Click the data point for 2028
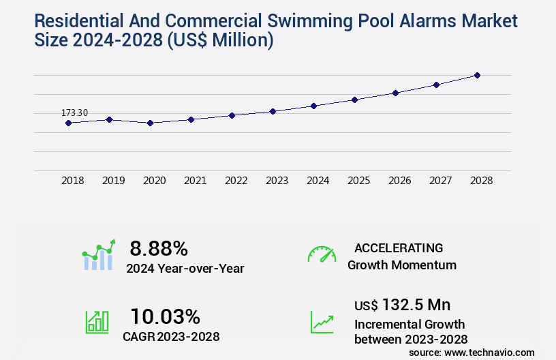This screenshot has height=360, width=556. click(x=477, y=75)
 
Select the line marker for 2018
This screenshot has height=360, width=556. click(x=68, y=123)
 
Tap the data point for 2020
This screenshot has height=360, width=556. click(x=150, y=123)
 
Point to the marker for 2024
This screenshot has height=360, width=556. click(x=313, y=106)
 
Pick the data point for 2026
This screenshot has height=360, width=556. click(x=395, y=93)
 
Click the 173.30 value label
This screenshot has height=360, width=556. click(x=75, y=112)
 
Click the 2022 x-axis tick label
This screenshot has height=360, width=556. click(x=236, y=181)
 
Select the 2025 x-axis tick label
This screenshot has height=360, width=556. click(x=358, y=181)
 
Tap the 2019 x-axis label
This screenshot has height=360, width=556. click(x=113, y=181)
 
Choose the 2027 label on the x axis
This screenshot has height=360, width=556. click(x=440, y=181)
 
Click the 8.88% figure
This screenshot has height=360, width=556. click(x=159, y=247)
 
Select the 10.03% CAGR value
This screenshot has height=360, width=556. click(x=165, y=316)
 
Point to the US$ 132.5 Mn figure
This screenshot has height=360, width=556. click(x=402, y=304)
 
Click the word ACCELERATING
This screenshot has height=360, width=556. click(x=399, y=247)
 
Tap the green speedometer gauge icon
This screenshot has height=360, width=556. click(x=322, y=254)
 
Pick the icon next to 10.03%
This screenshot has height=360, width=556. click(x=97, y=321)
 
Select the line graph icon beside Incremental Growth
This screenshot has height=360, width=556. click(x=322, y=321)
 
